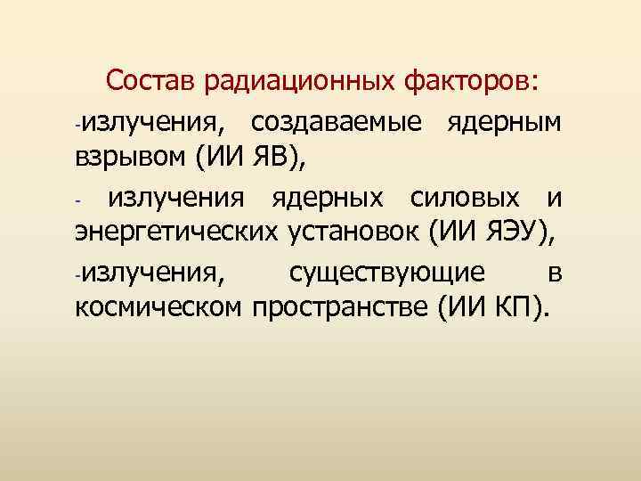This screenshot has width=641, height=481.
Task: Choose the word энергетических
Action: (177, 233)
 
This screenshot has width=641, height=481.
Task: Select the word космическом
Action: (159, 309)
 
